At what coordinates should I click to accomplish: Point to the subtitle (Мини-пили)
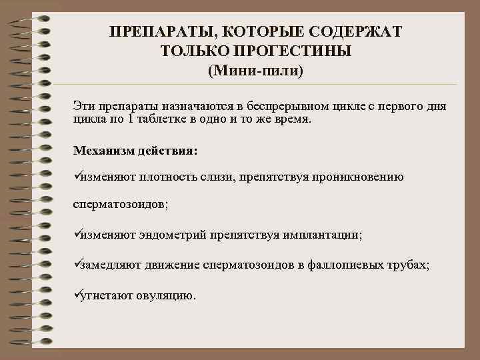[255, 69]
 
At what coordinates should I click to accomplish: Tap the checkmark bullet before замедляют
[77, 264]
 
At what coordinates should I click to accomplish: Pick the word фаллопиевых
[346, 265]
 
